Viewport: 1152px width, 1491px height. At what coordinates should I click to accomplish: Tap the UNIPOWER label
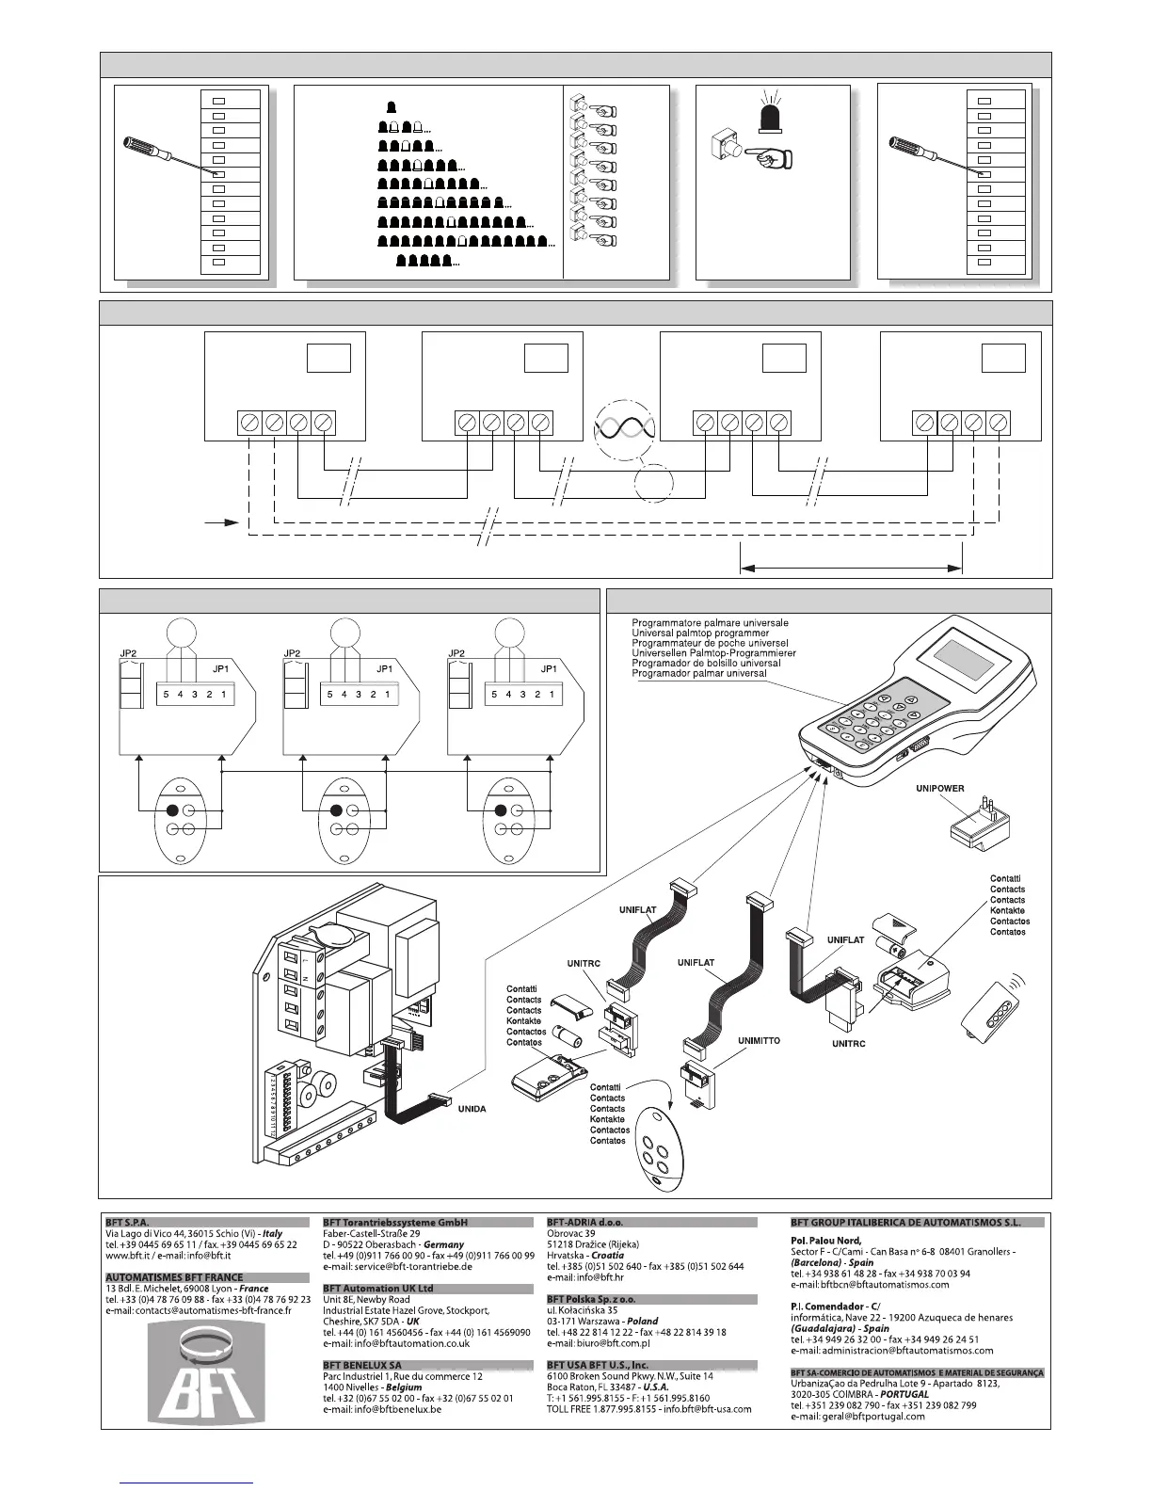pyautogui.click(x=939, y=789)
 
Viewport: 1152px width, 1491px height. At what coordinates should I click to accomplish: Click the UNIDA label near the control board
pyautogui.click(x=472, y=1109)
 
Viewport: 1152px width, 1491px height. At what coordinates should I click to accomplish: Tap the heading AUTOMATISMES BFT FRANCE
pyautogui.click(x=174, y=1277)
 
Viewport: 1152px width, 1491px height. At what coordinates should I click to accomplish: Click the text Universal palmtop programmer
pyautogui.click(x=700, y=633)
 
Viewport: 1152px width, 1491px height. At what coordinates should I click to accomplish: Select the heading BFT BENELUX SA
pyautogui.click(x=362, y=1365)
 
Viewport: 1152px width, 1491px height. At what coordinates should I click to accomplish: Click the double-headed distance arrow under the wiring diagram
pyautogui.click(x=852, y=568)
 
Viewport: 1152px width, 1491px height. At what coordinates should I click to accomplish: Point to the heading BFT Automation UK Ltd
pyautogui.click(x=378, y=1288)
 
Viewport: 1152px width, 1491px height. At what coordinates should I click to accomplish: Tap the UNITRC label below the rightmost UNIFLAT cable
pyautogui.click(x=848, y=1044)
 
